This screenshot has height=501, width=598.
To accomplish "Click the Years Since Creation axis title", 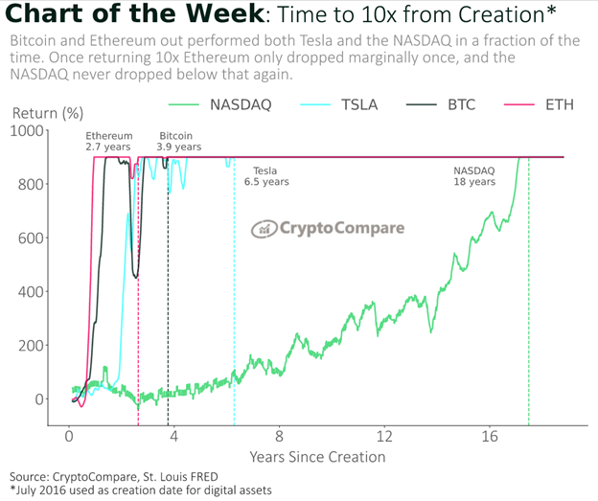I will tap(317, 456).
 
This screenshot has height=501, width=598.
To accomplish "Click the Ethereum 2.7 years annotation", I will tap(109, 142).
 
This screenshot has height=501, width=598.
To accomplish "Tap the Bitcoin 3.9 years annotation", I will tap(180, 142).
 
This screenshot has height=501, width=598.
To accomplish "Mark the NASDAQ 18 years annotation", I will tap(474, 176).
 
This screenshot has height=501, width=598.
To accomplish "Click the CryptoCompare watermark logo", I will tap(328, 229).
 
